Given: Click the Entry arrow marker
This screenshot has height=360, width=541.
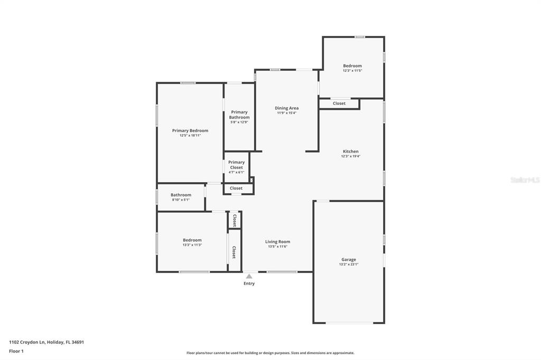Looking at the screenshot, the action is (249, 276).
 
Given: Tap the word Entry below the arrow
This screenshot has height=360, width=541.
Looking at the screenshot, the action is (249, 283).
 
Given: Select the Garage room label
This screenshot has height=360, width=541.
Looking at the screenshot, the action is (349, 260).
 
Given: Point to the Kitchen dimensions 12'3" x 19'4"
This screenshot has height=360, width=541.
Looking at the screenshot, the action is (351, 156).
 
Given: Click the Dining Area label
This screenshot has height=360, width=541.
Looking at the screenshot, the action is (287, 108).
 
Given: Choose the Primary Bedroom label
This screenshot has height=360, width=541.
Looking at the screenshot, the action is (190, 131).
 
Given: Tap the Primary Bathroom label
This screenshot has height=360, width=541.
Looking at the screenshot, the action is (239, 115).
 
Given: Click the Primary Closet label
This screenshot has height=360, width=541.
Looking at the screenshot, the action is (236, 165).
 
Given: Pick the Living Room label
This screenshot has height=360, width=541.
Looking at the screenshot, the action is (278, 242).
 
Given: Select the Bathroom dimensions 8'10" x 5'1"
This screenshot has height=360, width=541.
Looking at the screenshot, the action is (181, 200).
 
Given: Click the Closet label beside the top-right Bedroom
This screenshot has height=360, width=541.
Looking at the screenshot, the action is (339, 103).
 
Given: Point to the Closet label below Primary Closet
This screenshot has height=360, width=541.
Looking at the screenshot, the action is (236, 188).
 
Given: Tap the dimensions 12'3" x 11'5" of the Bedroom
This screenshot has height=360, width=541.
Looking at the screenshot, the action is (352, 71).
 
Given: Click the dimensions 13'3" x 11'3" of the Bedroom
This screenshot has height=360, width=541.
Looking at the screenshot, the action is (192, 245).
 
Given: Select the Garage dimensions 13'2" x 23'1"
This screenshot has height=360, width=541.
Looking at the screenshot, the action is (349, 264).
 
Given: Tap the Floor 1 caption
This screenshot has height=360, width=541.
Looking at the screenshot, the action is (16, 352).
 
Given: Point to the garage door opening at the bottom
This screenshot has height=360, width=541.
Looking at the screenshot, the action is (349, 323).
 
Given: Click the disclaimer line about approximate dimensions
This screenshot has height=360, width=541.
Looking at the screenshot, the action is (270, 353).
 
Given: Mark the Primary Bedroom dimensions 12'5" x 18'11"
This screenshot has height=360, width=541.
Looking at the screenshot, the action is (190, 136).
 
